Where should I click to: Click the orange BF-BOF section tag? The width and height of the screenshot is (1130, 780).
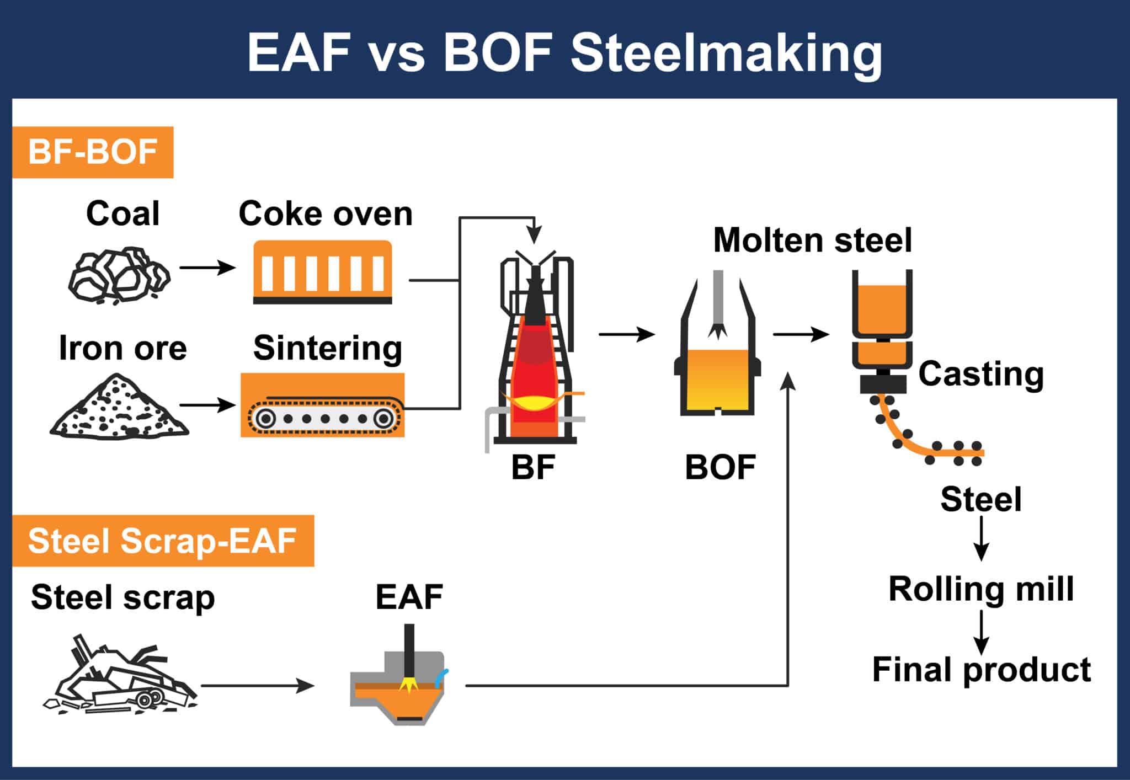click(93, 152)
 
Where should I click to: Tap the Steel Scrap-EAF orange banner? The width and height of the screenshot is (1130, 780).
click(163, 541)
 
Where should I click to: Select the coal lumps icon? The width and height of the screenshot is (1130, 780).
click(119, 275)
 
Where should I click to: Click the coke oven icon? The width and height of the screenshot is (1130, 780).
click(322, 273)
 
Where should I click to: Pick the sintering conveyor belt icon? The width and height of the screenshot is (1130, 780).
click(322, 406)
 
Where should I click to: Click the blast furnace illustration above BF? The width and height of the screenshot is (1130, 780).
click(534, 353)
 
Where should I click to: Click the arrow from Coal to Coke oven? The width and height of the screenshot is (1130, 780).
click(207, 268)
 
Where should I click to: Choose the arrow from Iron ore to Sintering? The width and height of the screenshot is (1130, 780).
click(207, 405)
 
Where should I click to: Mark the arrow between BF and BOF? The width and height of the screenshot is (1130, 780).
click(626, 334)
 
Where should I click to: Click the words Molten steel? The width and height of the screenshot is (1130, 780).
click(812, 241)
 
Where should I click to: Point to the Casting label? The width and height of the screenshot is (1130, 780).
click(981, 374)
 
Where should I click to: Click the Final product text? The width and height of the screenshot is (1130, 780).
click(981, 670)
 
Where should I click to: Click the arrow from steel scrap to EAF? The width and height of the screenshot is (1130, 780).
click(257, 686)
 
